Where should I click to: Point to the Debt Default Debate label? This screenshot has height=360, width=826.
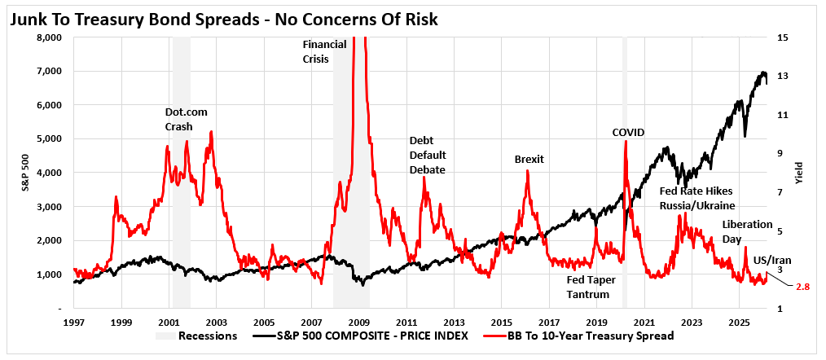pos(427,155)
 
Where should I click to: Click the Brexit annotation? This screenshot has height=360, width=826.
pos(529,159)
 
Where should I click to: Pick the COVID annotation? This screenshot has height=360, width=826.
pos(628,132)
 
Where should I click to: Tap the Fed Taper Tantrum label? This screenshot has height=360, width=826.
pos(591,287)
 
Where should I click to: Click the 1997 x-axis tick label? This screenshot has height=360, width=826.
pos(74,322)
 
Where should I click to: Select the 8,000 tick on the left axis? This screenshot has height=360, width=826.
pos(51,37)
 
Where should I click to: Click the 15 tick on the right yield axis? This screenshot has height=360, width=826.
pos(783,37)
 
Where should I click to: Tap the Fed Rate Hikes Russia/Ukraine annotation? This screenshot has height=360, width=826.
pos(696,197)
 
